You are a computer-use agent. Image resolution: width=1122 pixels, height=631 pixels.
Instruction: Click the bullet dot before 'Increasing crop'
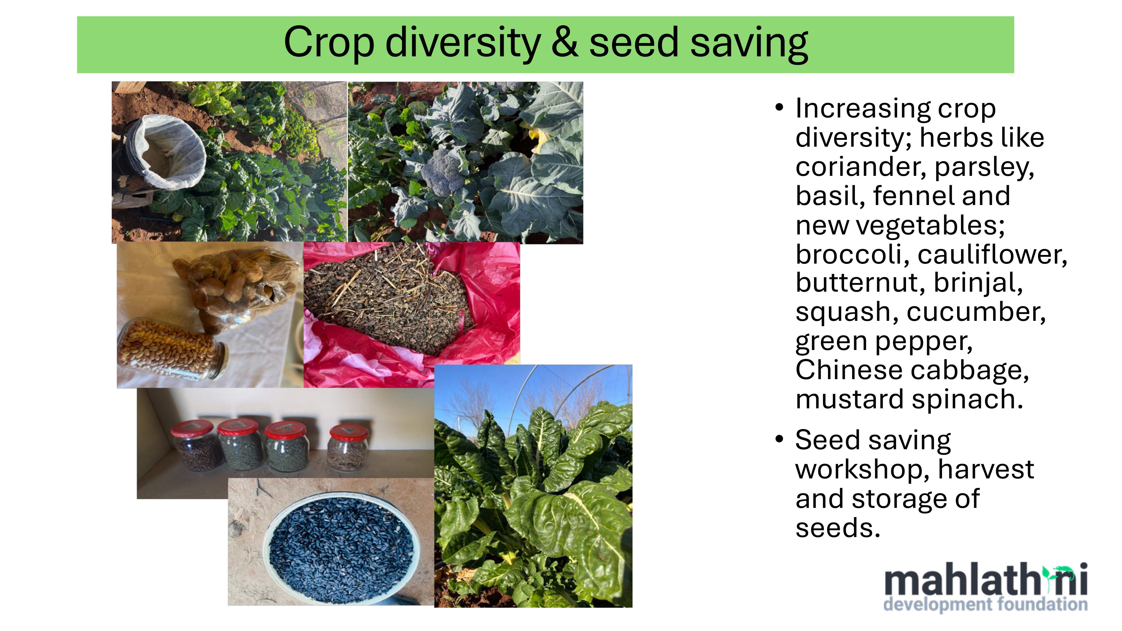(x=780, y=107)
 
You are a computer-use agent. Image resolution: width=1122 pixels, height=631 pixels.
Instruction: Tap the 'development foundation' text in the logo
(x=986, y=604)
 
